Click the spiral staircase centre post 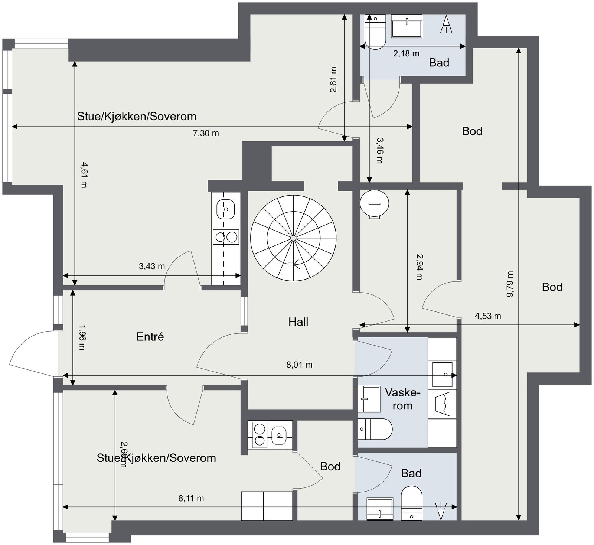[x=293, y=238]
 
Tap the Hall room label [x=298, y=322]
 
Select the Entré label [x=150, y=337]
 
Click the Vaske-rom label [x=402, y=399]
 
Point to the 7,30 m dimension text [x=206, y=133]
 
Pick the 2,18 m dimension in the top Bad [x=406, y=53]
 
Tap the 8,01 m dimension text [x=299, y=365]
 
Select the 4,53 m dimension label [x=488, y=316]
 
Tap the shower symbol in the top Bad [x=446, y=25]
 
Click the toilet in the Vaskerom [x=375, y=429]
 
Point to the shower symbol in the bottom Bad [x=441, y=511]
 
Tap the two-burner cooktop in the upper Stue [x=226, y=237]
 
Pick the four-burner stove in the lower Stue [x=259, y=434]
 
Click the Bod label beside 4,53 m [x=552, y=287]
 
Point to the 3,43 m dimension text [x=152, y=266]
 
